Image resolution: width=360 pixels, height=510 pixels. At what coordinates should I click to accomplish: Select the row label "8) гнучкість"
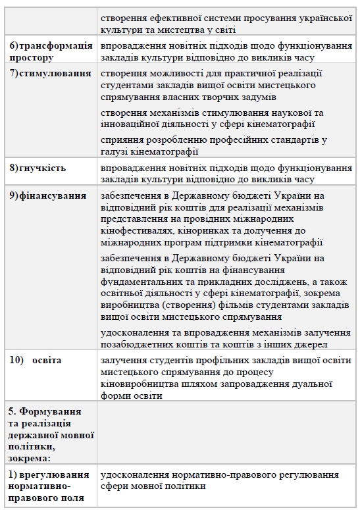click(x=38, y=168)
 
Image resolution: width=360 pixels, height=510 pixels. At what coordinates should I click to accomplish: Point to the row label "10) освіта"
click(x=36, y=361)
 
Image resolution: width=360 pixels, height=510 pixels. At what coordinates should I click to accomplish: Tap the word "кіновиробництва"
click(x=140, y=384)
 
